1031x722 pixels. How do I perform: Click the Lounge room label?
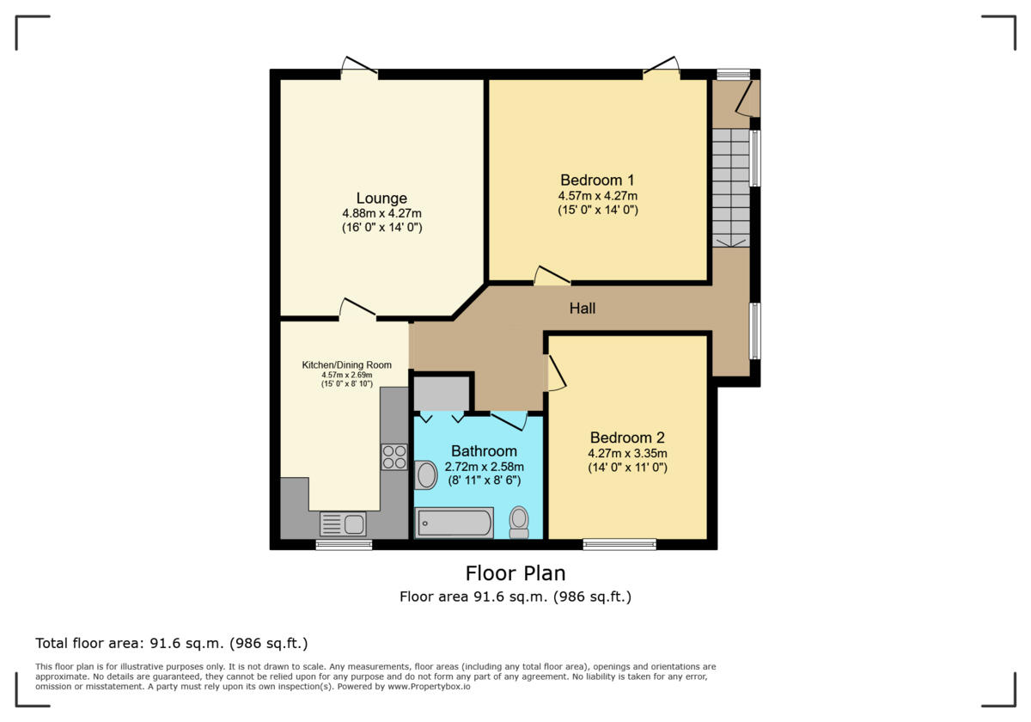[381, 199]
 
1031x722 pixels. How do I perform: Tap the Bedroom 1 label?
[597, 180]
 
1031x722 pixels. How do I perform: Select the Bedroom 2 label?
[627, 437]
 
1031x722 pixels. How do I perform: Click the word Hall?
[582, 309]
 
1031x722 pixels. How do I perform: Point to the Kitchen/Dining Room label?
[346, 365]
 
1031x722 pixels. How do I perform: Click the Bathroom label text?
[484, 451]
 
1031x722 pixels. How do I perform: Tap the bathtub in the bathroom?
[454, 522]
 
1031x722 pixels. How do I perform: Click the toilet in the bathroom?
[519, 521]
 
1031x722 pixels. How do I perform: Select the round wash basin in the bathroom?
[426, 474]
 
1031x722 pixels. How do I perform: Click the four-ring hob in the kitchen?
[394, 456]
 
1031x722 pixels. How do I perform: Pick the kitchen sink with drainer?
[343, 523]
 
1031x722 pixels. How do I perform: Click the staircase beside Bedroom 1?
[730, 188]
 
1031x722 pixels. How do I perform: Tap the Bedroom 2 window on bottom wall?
[619, 543]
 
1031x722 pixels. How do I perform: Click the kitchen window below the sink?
[343, 544]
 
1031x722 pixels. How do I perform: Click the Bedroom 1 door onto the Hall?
[552, 276]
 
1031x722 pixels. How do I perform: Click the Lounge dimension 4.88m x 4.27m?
[381, 214]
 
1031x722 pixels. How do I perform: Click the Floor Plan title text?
[515, 573]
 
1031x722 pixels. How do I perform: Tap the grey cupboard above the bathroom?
[441, 394]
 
